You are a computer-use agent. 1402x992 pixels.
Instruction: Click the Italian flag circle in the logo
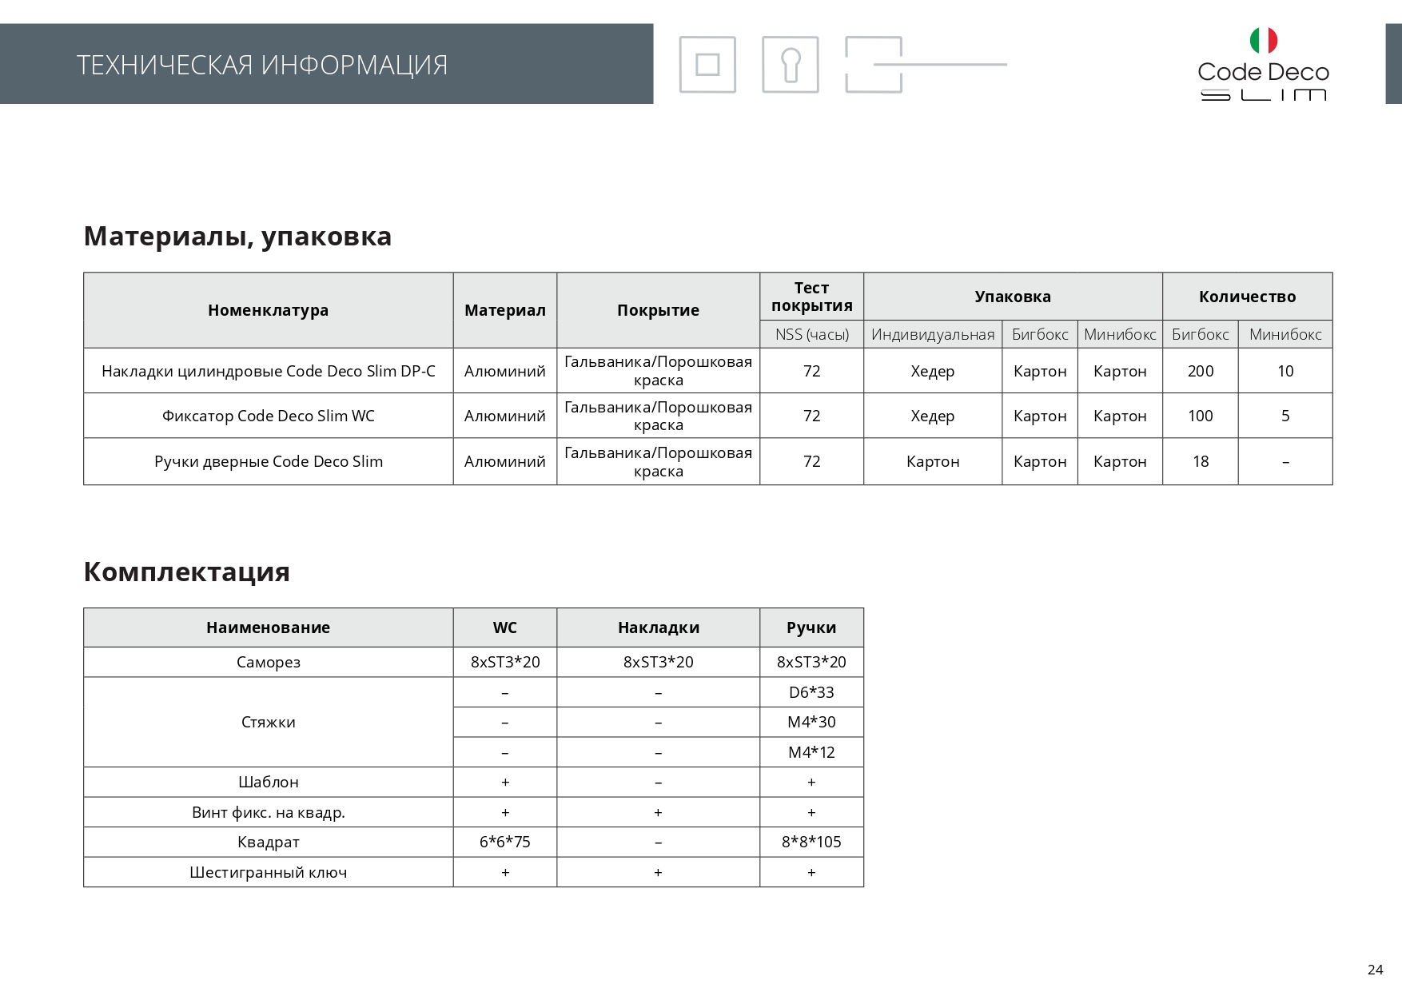click(x=1263, y=40)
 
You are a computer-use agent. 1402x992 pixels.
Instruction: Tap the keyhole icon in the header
click(x=790, y=65)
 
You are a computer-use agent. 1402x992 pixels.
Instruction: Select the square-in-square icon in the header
click(x=707, y=65)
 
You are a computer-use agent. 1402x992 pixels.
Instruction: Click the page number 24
click(x=1375, y=970)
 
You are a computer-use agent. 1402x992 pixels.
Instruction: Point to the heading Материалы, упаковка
click(x=237, y=237)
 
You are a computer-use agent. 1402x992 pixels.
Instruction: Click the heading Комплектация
click(x=186, y=572)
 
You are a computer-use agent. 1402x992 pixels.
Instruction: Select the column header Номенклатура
click(x=268, y=310)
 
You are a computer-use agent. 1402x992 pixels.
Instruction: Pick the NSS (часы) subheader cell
click(x=811, y=334)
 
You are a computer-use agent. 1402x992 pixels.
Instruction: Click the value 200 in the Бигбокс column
click(x=1200, y=371)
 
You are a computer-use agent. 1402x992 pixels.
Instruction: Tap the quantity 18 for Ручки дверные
click(x=1200, y=461)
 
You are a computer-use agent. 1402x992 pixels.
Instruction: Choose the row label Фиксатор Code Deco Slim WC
click(x=268, y=416)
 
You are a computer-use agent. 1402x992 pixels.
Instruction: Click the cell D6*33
click(x=811, y=692)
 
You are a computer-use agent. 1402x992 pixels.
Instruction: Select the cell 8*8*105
click(x=811, y=842)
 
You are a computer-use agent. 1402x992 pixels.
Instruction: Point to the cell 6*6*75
click(x=504, y=842)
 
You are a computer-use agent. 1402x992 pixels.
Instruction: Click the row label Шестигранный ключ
click(x=268, y=872)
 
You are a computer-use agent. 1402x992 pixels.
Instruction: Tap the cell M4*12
click(x=811, y=752)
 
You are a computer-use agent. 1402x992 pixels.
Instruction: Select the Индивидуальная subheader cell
click(x=933, y=334)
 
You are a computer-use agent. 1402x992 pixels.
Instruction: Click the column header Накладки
click(x=658, y=627)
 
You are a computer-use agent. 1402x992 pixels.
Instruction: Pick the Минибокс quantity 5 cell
click(x=1285, y=416)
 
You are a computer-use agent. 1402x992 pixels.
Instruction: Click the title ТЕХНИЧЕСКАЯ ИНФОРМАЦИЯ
click(x=262, y=65)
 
